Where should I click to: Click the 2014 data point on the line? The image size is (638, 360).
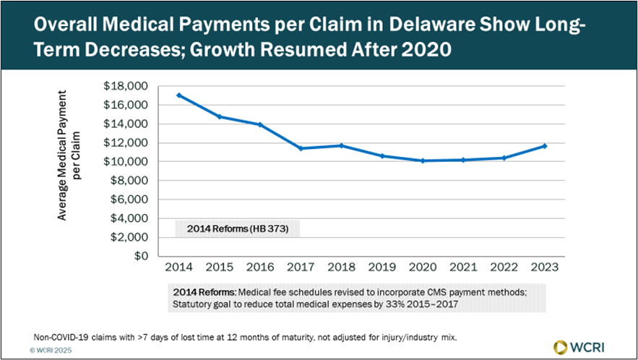[178, 95]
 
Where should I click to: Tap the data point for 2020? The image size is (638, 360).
[423, 160]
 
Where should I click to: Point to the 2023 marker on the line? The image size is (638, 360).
[545, 146]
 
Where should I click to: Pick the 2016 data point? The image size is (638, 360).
[260, 124]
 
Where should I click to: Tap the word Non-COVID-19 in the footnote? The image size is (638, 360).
[59, 336]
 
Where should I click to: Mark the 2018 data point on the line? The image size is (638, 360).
[342, 145]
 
